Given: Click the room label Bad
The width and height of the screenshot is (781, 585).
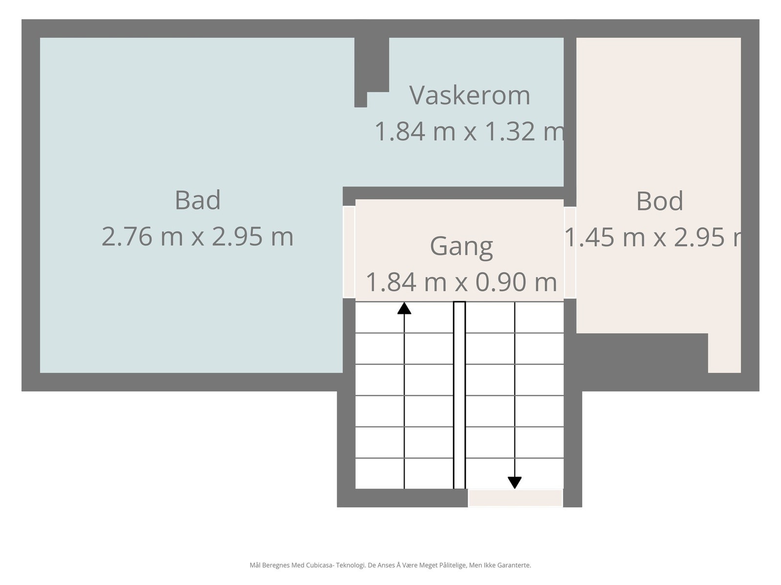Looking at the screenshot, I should coord(198,200).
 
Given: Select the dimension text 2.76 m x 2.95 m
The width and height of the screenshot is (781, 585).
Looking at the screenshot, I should coord(198,237).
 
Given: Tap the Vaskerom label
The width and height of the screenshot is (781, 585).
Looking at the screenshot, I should coord(470,95).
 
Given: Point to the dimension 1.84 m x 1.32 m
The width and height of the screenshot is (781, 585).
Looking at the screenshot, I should coord(470,132).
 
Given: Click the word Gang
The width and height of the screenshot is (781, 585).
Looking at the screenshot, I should coord(461,246).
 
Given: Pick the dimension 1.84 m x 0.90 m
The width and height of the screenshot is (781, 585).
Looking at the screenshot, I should coord(461,282).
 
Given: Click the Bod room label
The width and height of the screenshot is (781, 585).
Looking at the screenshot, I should coord(659,201).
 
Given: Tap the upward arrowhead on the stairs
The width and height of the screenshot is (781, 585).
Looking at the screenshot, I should coord(404,308).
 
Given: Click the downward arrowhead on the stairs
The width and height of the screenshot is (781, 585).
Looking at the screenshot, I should coord(514,482).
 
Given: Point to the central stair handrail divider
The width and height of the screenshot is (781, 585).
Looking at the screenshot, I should coord(459,395).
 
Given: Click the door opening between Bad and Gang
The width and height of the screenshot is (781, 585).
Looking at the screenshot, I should coord(349,252).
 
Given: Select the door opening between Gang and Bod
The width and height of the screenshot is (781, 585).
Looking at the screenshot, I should coord(570,253).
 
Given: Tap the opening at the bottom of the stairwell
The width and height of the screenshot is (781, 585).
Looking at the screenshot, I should coord(515,498).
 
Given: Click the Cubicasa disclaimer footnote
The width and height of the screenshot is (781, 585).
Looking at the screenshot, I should coord(390,565).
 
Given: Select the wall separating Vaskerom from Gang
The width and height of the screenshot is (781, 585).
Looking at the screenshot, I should coord(454,193).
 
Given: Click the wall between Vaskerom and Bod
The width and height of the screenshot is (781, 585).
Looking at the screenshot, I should coord(570,112).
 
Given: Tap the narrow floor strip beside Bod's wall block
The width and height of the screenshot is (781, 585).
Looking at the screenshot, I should coord(724,353).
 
